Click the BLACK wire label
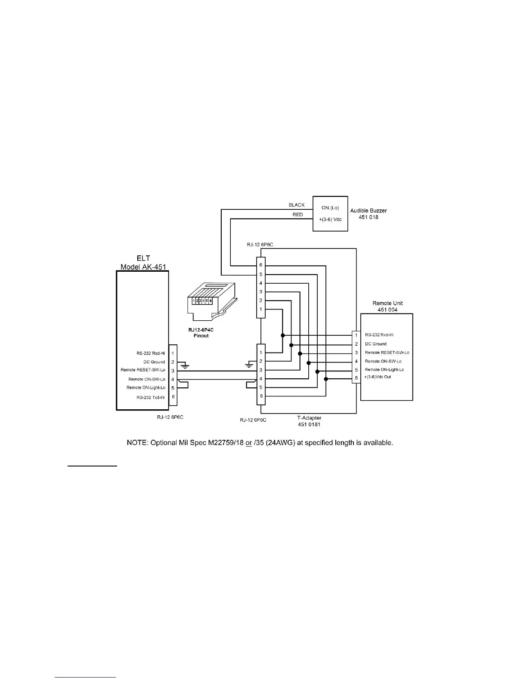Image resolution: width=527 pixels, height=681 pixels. [297, 205]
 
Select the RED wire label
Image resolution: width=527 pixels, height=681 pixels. [298, 215]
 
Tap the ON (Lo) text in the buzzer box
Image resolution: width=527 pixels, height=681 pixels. [330, 208]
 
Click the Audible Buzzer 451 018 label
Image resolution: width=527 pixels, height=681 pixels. [368, 214]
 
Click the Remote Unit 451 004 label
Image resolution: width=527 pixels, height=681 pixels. [387, 306]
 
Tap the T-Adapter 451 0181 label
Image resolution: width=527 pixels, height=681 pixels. [309, 421]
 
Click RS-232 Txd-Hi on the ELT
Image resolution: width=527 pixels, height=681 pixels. [151, 398]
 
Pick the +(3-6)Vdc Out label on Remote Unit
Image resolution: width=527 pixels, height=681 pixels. [378, 377]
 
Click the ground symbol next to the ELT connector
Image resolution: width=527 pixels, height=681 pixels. [185, 366]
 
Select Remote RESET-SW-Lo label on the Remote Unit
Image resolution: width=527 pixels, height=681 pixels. [387, 353]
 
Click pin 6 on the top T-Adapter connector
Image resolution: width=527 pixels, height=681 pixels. [260, 265]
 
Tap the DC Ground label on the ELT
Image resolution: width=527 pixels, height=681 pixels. [154, 362]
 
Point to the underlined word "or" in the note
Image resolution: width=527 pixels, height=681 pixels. [248, 442]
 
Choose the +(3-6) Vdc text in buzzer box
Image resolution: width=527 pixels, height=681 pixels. [330, 219]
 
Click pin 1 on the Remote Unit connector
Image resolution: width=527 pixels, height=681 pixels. [356, 335]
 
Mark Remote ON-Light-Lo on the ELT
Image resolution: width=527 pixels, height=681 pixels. [146, 388]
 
